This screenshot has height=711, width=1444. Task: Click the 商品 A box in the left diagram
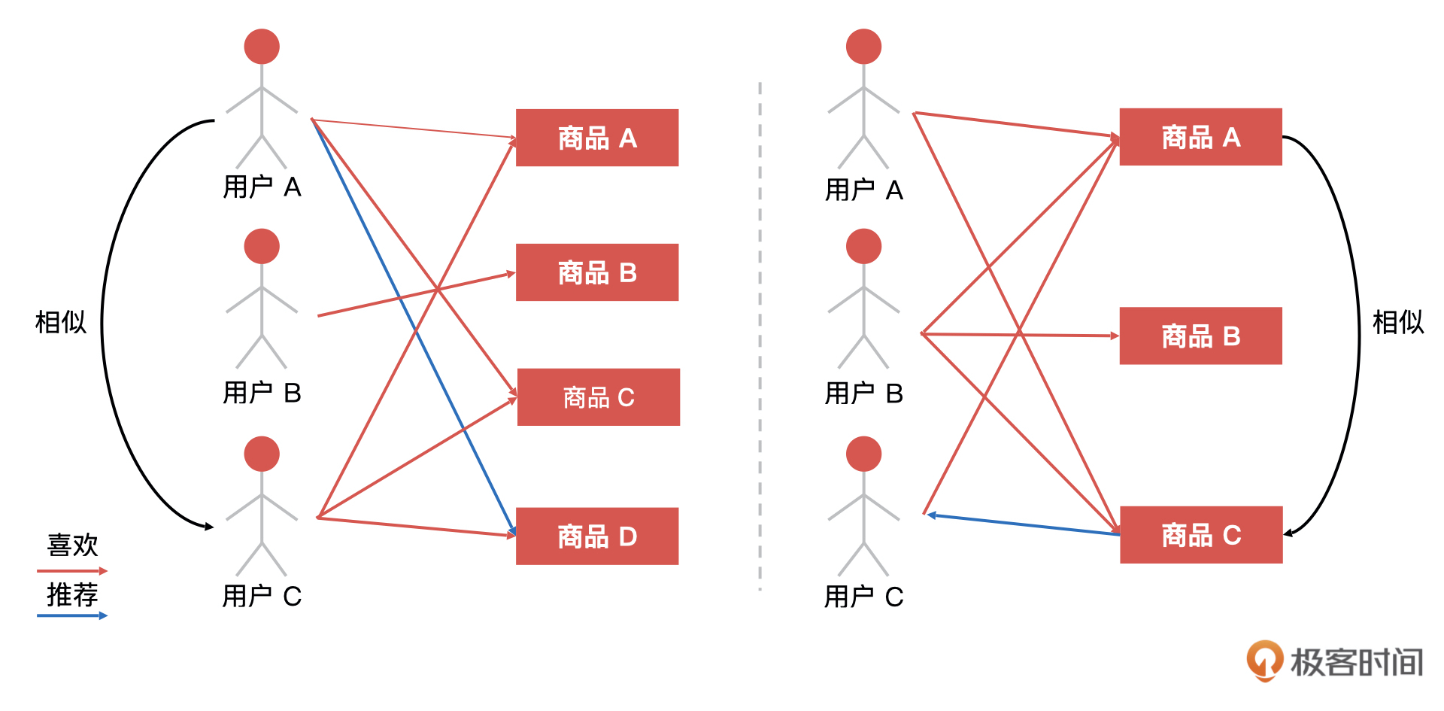pyautogui.click(x=596, y=138)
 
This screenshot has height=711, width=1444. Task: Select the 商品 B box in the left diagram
pyautogui.click(x=596, y=272)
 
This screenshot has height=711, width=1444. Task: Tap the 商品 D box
pyautogui.click(x=596, y=536)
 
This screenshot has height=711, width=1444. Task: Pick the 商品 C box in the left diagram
pyautogui.click(x=598, y=397)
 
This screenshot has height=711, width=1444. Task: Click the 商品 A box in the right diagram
pyautogui.click(x=1200, y=137)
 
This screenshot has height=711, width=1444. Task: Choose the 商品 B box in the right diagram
pyautogui.click(x=1200, y=336)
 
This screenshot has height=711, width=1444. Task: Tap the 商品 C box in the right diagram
pyautogui.click(x=1200, y=535)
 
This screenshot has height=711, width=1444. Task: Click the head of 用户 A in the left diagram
pyautogui.click(x=262, y=47)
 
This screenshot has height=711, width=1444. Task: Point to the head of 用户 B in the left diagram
pyautogui.click(x=262, y=246)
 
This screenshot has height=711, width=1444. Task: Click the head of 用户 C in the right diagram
pyautogui.click(x=863, y=454)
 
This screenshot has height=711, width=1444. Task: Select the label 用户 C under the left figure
pyautogui.click(x=262, y=597)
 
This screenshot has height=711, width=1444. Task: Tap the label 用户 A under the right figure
pyautogui.click(x=863, y=190)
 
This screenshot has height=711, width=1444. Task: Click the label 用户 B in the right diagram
pyautogui.click(x=863, y=393)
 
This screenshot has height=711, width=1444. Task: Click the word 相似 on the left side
pyautogui.click(x=61, y=322)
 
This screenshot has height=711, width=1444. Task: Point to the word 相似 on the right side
pyautogui.click(x=1398, y=322)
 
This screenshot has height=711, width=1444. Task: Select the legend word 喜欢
pyautogui.click(x=72, y=545)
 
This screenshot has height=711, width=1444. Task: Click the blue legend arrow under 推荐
pyautogui.click(x=72, y=615)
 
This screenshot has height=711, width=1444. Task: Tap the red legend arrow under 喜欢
pyautogui.click(x=72, y=571)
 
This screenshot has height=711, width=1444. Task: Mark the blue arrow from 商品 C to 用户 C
pyautogui.click(x=1023, y=524)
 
